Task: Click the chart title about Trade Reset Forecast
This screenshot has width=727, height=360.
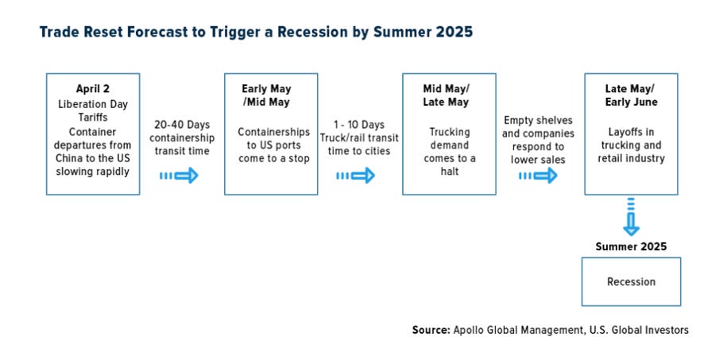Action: tap(256, 32)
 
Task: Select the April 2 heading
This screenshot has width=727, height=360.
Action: tap(93, 88)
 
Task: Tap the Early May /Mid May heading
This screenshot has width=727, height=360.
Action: tap(267, 95)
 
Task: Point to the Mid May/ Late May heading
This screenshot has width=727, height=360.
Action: tap(446, 95)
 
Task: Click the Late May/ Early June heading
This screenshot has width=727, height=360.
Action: tap(631, 95)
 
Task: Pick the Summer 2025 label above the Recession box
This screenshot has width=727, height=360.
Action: tap(631, 246)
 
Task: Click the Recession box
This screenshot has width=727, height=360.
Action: tap(631, 281)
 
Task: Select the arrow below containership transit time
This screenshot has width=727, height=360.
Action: tap(179, 176)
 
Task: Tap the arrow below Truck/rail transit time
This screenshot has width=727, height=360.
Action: tap(355, 176)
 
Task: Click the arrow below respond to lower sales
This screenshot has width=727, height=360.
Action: tap(538, 176)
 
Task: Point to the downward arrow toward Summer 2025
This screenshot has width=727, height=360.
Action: tap(631, 217)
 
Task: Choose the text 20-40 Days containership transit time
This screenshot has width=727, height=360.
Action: tap(182, 137)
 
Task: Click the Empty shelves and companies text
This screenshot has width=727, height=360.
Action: tap(538, 126)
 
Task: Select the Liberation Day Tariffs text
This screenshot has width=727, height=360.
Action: tap(93, 111)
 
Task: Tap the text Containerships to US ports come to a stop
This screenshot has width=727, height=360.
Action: tap(273, 145)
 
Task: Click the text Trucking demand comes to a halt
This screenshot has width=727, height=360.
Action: tap(449, 152)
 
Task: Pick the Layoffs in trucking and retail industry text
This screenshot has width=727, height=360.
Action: tap(631, 145)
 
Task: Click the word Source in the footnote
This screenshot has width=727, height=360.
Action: tap(431, 330)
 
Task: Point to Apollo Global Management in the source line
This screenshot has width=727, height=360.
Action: tap(518, 330)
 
